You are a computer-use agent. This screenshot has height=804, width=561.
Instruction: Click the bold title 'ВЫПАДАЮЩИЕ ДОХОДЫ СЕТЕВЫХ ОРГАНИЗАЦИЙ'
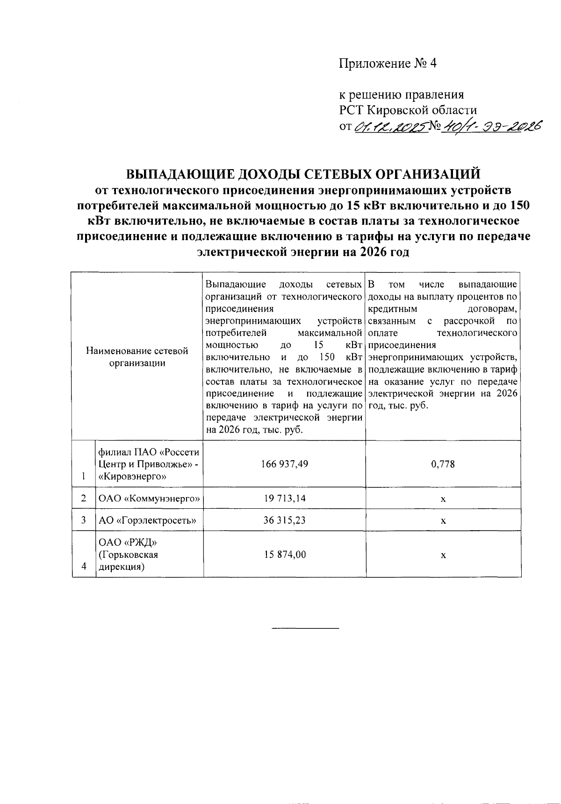(303, 174)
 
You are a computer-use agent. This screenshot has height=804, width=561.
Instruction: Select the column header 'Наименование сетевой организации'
(137, 357)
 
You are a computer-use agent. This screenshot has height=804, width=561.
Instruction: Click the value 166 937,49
(285, 464)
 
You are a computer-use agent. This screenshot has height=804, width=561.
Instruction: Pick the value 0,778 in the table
(443, 464)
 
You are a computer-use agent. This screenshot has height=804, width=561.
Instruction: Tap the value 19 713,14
(285, 498)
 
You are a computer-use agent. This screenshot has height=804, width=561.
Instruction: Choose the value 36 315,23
(285, 520)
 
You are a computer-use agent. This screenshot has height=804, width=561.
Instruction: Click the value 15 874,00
(285, 555)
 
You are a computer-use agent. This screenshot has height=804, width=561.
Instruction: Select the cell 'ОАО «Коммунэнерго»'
(149, 499)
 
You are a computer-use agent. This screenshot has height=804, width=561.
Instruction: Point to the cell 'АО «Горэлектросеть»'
(147, 520)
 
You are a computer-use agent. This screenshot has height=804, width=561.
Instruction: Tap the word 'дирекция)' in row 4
(121, 567)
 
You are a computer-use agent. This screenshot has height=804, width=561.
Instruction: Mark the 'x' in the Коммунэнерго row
(443, 499)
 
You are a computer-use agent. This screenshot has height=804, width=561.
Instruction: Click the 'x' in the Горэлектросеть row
(443, 521)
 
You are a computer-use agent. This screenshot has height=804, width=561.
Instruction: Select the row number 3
(84, 520)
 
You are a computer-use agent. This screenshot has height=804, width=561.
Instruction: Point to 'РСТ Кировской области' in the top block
(408, 111)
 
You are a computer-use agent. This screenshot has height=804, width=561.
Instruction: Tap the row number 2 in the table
(84, 498)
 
